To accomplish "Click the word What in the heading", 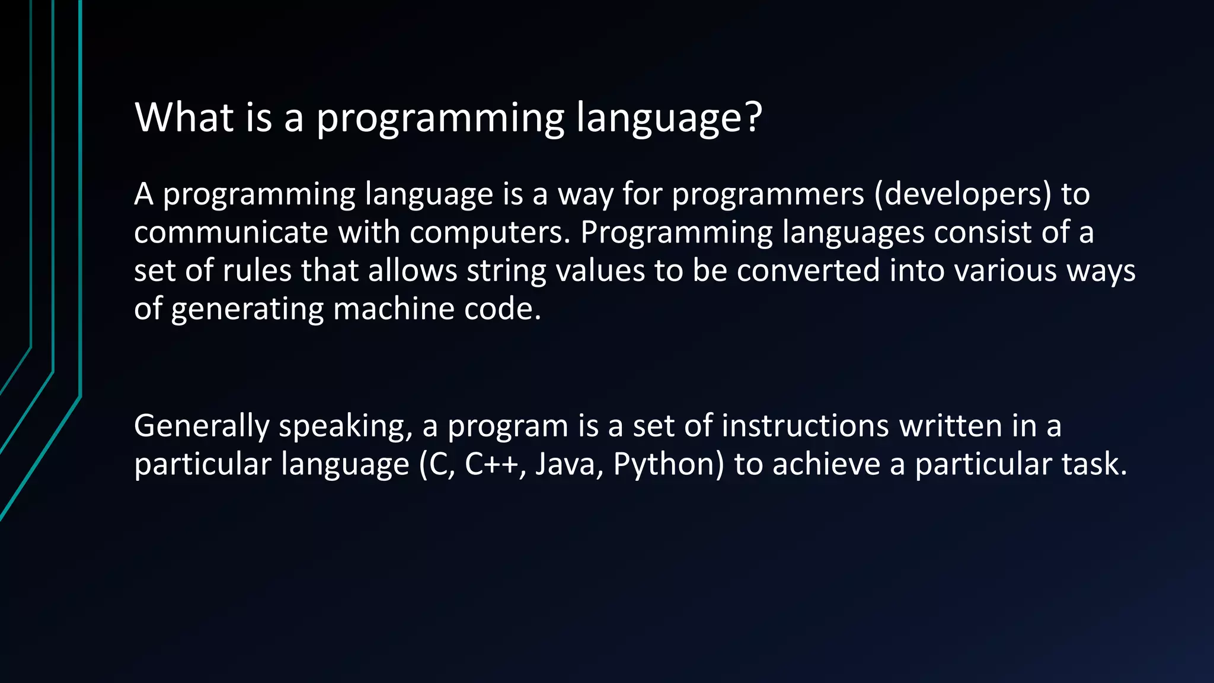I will pos(184,117).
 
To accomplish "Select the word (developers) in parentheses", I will pos(963,194).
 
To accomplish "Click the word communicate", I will pos(231,232).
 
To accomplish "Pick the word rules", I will pos(257,270).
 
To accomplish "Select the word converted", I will pos(809,270).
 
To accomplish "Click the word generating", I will pos(247,309).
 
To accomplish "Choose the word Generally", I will pos(202,426).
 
